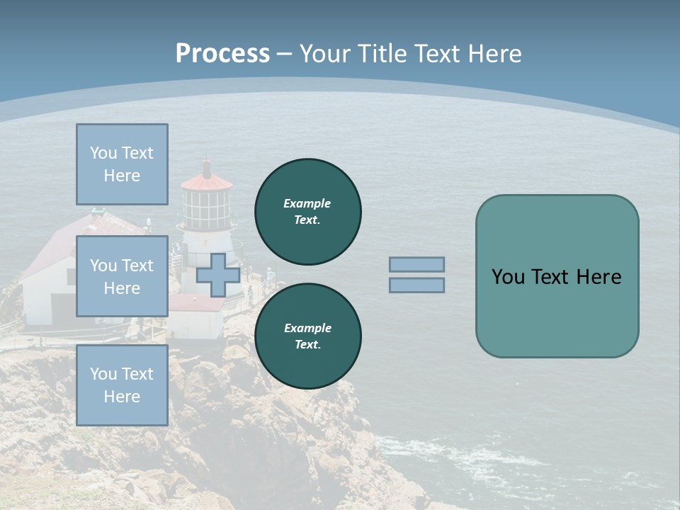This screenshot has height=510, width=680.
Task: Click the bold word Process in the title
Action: click(222, 54)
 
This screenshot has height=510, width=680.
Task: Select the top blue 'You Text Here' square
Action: click(122, 164)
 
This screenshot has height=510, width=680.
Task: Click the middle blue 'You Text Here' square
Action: click(122, 276)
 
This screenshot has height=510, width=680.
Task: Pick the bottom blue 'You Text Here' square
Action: click(122, 385)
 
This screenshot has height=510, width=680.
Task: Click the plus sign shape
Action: click(218, 275)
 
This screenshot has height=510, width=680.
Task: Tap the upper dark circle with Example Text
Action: click(307, 212)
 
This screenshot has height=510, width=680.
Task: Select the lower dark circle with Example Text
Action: click(307, 336)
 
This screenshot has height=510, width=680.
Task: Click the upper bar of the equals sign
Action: click(417, 265)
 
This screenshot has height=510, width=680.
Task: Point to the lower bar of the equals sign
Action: click(417, 285)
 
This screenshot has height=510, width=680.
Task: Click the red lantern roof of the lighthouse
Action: click(207, 182)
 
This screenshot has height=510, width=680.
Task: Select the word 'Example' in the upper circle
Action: click(307, 203)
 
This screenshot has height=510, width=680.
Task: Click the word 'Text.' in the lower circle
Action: click(307, 345)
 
